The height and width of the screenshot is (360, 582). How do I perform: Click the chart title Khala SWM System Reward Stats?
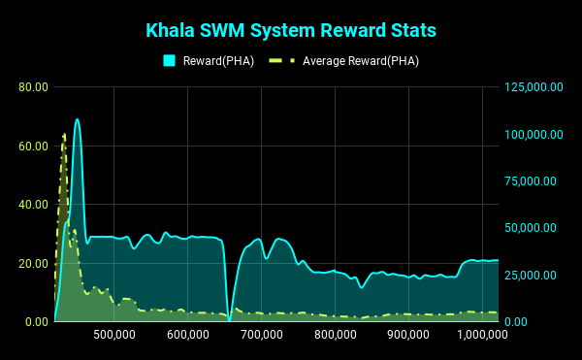(x=291, y=30)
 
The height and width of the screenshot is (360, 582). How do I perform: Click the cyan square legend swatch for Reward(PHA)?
(x=169, y=60)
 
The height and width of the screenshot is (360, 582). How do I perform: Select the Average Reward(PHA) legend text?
(x=361, y=61)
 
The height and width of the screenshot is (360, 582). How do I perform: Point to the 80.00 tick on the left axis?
(x=33, y=87)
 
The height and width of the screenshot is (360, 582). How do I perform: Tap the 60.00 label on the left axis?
(x=33, y=147)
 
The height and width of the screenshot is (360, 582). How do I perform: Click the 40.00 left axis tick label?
(x=33, y=205)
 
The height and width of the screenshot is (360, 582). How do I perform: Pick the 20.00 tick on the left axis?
(x=33, y=264)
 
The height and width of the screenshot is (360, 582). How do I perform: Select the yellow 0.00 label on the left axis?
(x=37, y=322)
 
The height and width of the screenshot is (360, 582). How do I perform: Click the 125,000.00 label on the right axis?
(x=533, y=87)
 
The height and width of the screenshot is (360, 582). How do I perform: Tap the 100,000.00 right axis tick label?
(x=533, y=134)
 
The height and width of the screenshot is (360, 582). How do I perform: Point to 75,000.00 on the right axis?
(x=531, y=181)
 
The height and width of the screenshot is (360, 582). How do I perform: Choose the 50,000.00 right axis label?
(x=531, y=228)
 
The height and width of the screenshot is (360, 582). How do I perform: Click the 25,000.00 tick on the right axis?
(x=531, y=275)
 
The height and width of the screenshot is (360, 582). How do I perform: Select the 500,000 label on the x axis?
(x=114, y=335)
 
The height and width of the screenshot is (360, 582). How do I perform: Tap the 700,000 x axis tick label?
(x=262, y=335)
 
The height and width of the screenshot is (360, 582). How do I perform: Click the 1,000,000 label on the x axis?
(x=482, y=335)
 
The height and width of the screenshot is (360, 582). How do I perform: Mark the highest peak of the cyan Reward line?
(x=78, y=119)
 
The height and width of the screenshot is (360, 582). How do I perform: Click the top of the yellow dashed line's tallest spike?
(x=65, y=134)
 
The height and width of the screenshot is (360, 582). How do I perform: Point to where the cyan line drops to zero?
(x=229, y=320)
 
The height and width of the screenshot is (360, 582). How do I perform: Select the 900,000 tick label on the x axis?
(x=408, y=335)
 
